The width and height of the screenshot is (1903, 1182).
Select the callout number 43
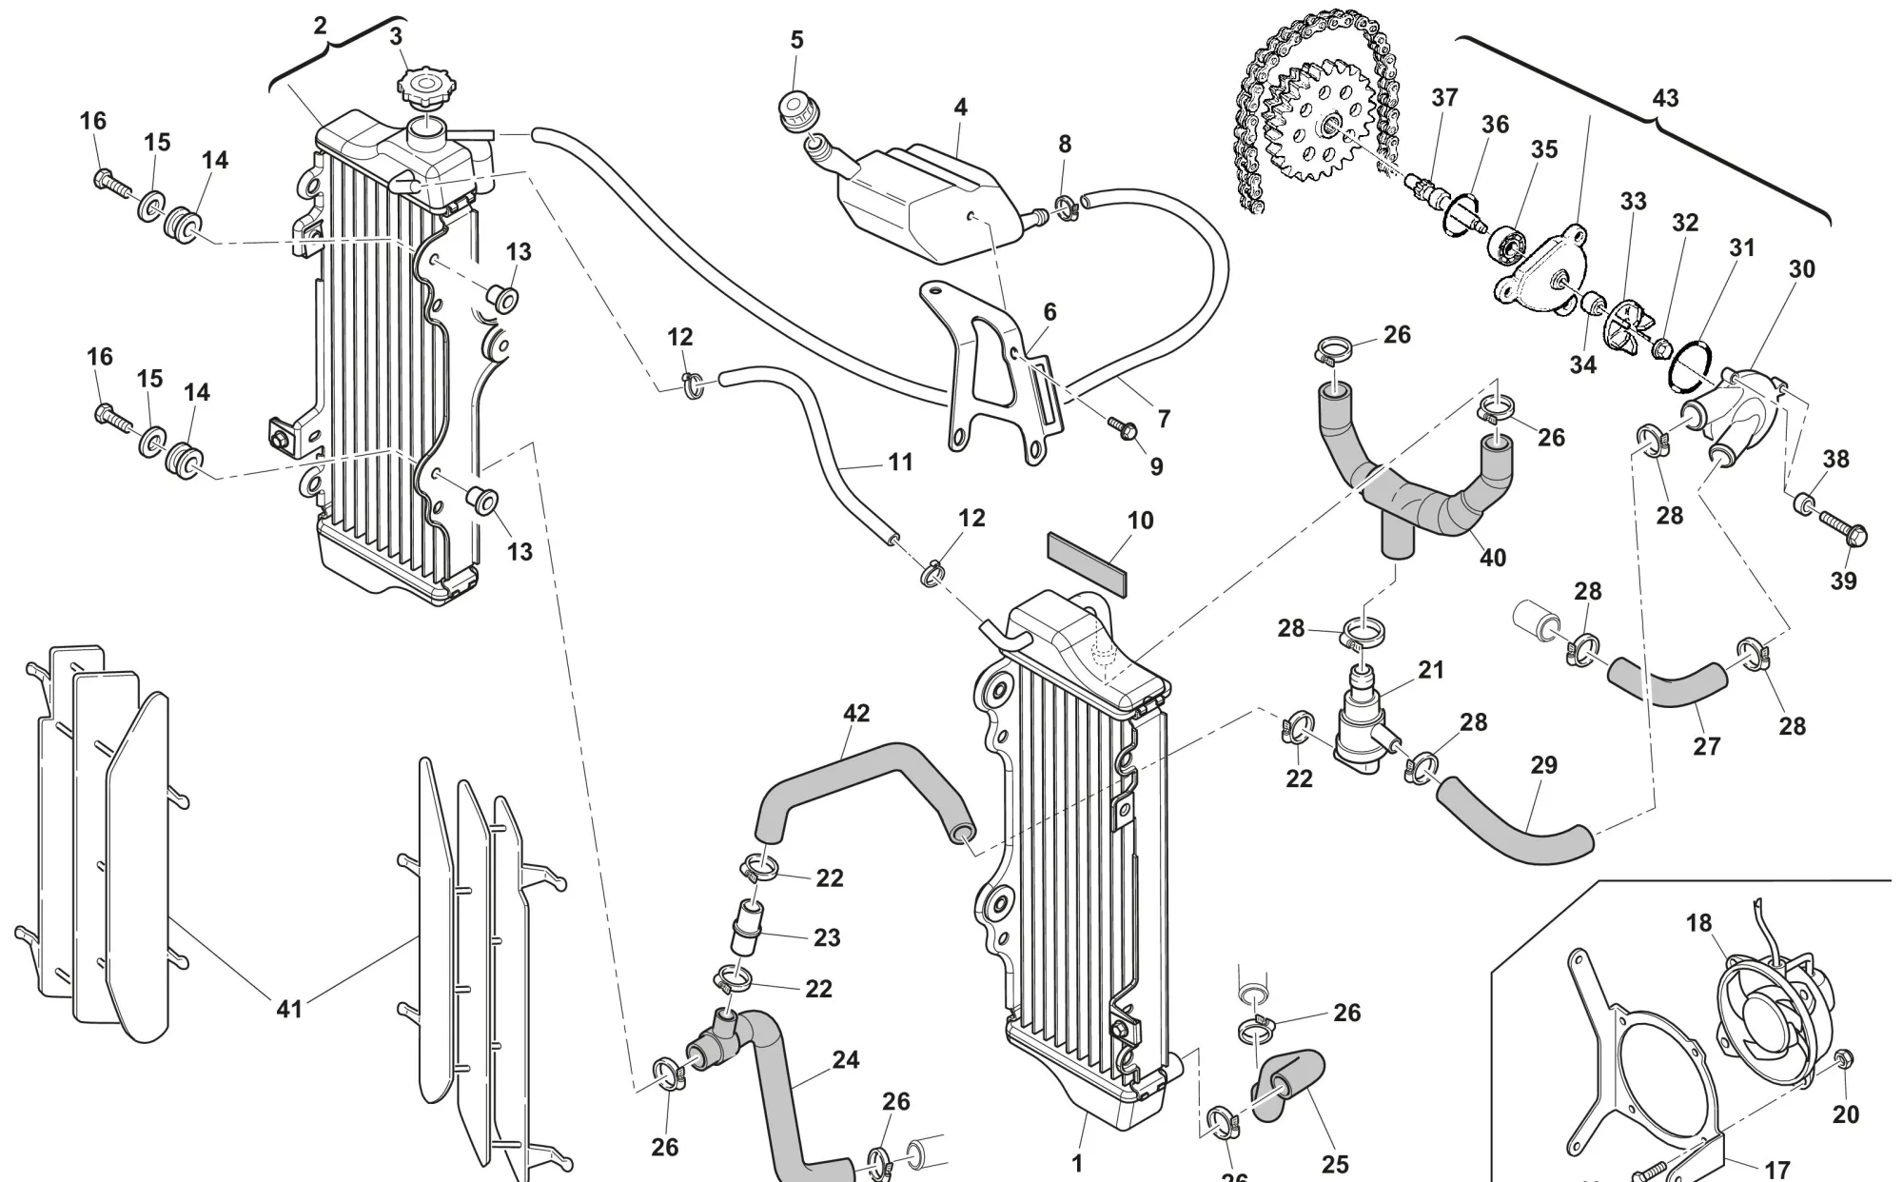[1665, 98]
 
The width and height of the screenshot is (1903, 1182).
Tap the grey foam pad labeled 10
[1087, 561]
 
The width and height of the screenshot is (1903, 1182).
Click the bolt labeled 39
[1844, 528]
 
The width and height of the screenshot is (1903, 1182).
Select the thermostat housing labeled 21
[1361, 733]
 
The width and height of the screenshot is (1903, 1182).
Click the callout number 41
[289, 1008]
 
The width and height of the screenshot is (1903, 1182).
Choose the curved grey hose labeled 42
[856, 780]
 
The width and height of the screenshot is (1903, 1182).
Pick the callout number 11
[900, 463]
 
